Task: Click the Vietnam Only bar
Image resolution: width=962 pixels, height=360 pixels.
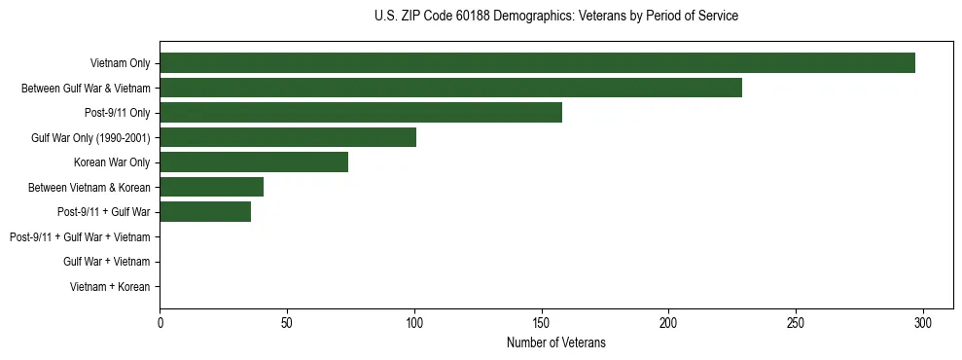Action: pos(537,63)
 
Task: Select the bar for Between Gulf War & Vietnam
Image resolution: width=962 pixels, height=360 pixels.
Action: pos(450,88)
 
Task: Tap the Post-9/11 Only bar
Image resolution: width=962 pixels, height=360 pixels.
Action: pos(361,113)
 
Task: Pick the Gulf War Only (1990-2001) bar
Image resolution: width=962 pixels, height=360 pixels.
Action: pos(288,137)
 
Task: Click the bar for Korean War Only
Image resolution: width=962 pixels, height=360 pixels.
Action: pos(254,162)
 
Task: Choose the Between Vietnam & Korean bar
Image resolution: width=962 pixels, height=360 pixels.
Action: pos(211,187)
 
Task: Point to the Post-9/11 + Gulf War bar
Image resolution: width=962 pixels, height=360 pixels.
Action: pos(205,212)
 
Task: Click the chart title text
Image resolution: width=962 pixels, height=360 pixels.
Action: pos(555,17)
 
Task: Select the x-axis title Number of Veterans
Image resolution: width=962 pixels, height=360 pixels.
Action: pos(555,342)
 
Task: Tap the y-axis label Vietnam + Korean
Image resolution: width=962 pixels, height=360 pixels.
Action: pos(109,287)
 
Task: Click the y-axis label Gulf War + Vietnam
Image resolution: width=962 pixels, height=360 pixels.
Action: pos(106,262)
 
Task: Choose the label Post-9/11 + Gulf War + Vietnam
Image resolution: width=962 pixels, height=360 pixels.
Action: pos(80,237)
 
